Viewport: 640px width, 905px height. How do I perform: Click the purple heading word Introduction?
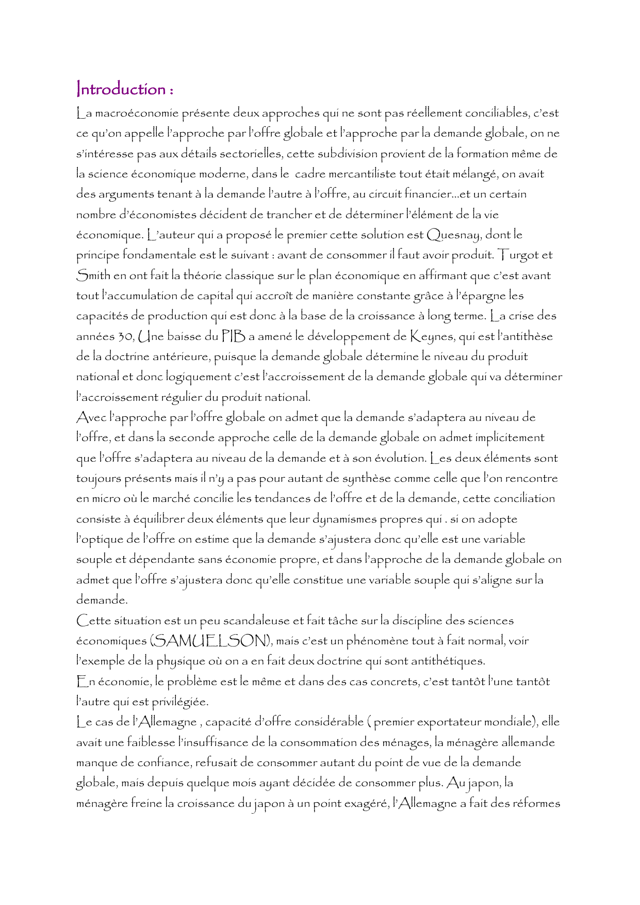121,89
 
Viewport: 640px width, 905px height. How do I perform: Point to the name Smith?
93,276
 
